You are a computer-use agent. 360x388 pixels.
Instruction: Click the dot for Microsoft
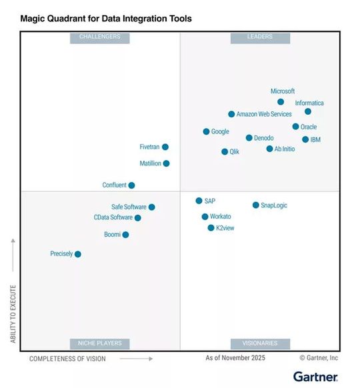(x=281, y=102)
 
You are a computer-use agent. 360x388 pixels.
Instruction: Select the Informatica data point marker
(x=308, y=111)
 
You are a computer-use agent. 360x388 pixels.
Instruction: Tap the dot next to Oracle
(x=295, y=126)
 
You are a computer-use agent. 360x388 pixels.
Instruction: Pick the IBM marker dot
(x=305, y=139)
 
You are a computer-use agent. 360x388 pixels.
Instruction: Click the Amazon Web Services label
(x=264, y=115)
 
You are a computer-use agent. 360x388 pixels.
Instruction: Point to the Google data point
(x=206, y=131)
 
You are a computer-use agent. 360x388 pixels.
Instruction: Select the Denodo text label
(x=264, y=138)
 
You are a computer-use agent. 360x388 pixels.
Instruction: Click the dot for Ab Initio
(x=269, y=149)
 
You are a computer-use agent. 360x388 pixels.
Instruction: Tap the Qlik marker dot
(x=225, y=151)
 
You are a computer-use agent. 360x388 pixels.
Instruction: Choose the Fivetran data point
(x=165, y=147)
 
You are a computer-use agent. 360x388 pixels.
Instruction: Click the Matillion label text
(x=150, y=163)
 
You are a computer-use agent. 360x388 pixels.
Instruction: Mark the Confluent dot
(x=131, y=185)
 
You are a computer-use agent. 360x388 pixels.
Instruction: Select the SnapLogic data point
(x=255, y=205)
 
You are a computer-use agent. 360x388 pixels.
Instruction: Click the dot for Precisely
(x=78, y=254)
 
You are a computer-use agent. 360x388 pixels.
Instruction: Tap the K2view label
(x=225, y=228)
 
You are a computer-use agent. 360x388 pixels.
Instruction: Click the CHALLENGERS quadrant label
(x=100, y=37)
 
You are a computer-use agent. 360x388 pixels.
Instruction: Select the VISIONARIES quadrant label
(x=260, y=343)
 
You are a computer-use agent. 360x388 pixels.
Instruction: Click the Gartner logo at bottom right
(x=315, y=377)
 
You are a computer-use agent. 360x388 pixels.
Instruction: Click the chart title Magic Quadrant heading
(x=106, y=19)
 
